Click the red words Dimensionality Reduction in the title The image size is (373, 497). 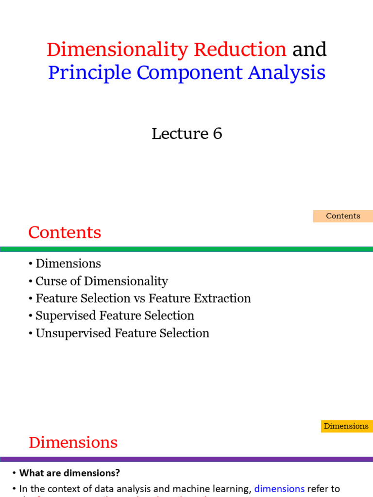[166, 50]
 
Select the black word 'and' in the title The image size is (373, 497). [309, 50]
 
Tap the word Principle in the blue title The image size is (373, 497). [89, 73]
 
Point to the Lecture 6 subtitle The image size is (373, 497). [186, 133]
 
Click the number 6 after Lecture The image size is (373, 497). [217, 133]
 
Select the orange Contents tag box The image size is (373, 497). [343, 216]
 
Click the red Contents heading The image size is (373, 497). [65, 232]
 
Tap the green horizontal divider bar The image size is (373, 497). [186, 249]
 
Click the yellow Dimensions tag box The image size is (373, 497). [346, 426]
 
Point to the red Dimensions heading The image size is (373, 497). [73, 443]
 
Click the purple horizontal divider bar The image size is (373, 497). [186, 459]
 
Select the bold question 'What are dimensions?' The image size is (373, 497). [69, 473]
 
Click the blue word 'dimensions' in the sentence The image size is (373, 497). [279, 489]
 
